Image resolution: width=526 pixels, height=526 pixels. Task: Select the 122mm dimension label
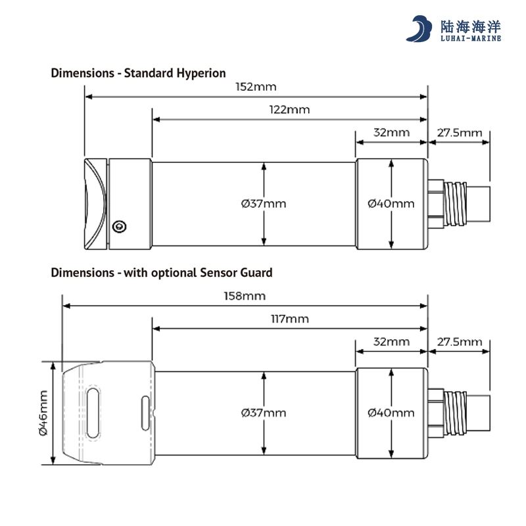[x=289, y=110]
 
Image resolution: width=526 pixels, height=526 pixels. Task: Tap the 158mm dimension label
[x=245, y=297]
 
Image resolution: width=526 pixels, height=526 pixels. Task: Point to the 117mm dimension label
[x=289, y=320]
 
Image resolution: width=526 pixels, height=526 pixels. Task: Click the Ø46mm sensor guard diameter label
[x=43, y=413]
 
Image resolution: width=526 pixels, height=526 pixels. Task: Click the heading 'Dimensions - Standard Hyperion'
[x=138, y=73]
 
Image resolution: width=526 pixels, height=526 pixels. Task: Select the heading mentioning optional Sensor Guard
[x=161, y=272]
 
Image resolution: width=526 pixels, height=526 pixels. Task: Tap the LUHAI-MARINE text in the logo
[x=469, y=38]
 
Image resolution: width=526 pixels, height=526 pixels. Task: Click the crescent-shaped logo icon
[x=419, y=30]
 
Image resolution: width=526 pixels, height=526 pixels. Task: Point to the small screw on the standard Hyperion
[x=118, y=227]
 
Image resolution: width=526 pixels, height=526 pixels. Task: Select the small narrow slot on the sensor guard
[x=145, y=413]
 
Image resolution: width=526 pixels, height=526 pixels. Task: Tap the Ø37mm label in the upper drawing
[x=264, y=204]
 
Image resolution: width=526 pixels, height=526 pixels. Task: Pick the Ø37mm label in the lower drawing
[x=264, y=413]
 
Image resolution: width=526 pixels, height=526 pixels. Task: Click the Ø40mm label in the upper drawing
[x=391, y=204]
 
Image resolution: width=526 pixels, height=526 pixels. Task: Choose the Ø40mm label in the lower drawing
[x=391, y=413]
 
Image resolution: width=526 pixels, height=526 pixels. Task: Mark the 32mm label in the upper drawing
[x=391, y=133]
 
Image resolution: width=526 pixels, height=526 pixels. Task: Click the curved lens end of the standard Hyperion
[x=95, y=204]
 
